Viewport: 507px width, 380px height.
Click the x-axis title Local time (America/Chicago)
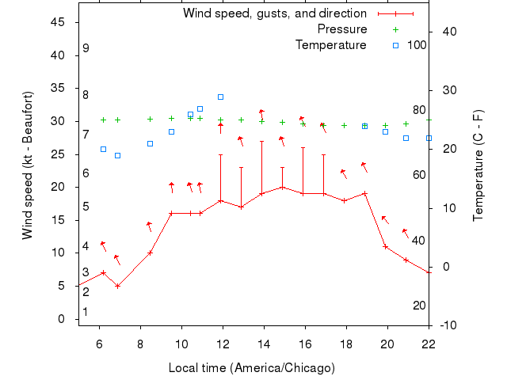[251, 368]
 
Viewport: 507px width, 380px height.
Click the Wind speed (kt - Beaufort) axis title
[28, 165]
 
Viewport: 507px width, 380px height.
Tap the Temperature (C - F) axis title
[478, 165]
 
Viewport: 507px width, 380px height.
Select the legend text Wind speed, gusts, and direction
[274, 13]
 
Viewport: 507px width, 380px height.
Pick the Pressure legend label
[342, 29]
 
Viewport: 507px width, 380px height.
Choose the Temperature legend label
[331, 45]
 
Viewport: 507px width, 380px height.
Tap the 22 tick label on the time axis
[429, 343]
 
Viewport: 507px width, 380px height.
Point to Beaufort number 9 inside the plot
[86, 48]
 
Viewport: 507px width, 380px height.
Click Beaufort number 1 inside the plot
[86, 312]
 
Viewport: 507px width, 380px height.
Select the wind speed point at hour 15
[282, 187]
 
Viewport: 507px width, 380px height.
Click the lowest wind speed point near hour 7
[117, 286]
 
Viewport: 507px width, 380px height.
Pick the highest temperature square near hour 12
[220, 97]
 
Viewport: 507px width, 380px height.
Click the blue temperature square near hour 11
[200, 108]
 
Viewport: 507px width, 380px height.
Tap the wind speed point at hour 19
[364, 193]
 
